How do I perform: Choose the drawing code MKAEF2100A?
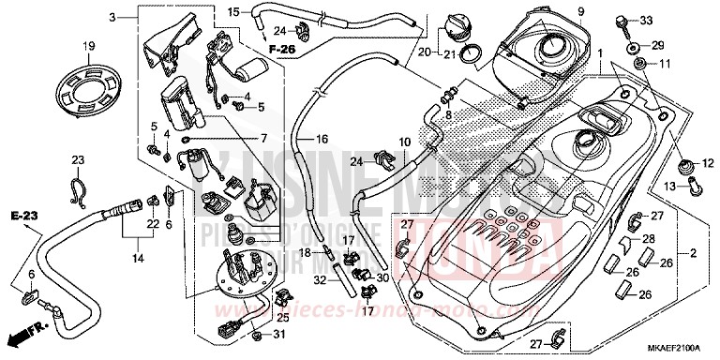pyautogui.click(x=671, y=351)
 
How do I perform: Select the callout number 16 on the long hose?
pyautogui.click(x=322, y=139)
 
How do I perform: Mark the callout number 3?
pyautogui.click(x=112, y=18)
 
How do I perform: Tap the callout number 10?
pyautogui.click(x=406, y=142)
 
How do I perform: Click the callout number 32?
pyautogui.click(x=321, y=280)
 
